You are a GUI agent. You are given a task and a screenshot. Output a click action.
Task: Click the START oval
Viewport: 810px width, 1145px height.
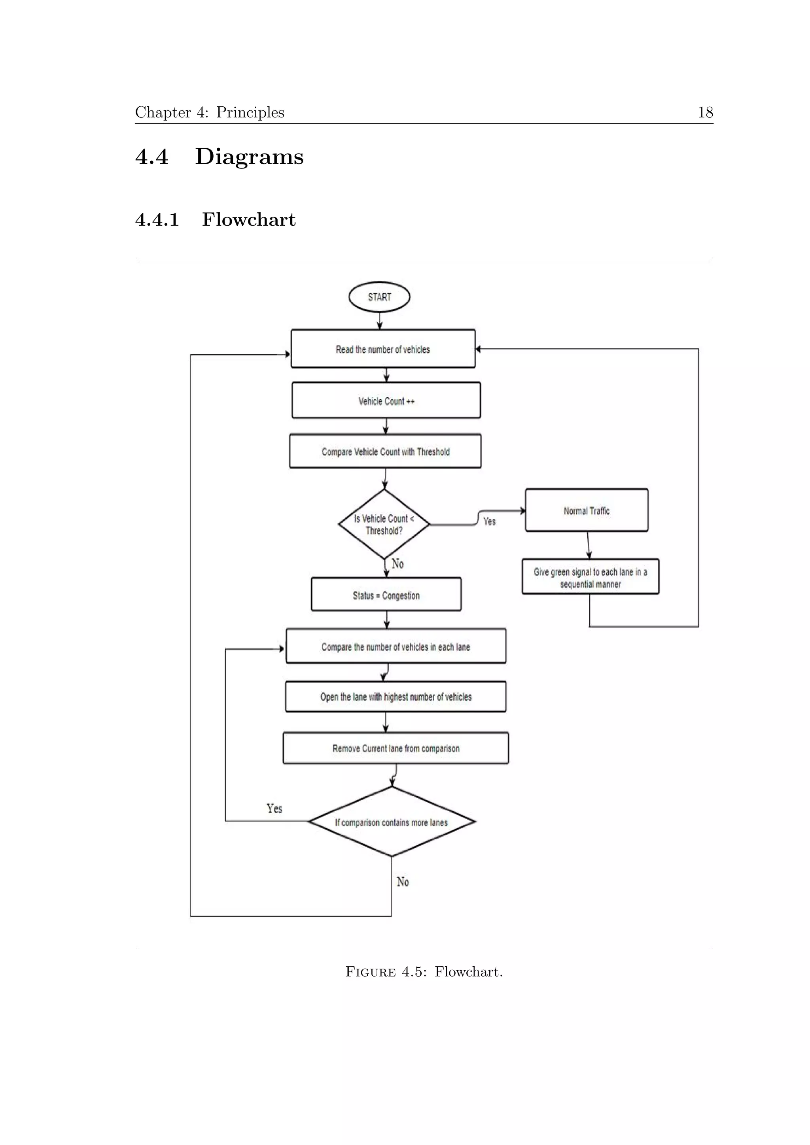click(379, 297)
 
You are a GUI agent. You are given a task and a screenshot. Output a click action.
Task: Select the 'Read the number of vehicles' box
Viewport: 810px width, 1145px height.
click(382, 349)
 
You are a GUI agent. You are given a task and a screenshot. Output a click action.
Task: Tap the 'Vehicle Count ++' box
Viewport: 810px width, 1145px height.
click(386, 401)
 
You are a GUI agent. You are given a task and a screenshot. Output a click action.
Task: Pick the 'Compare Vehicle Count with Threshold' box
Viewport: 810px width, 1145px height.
click(385, 451)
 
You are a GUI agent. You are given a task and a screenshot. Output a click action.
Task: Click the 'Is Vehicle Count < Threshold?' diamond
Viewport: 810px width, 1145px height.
click(384, 524)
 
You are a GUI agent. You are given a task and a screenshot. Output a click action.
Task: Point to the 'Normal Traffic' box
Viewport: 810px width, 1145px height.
click(587, 510)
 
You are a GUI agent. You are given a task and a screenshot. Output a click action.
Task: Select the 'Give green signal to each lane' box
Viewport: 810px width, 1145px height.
click(590, 577)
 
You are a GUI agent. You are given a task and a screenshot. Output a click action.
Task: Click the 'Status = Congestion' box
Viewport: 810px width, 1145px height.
click(386, 594)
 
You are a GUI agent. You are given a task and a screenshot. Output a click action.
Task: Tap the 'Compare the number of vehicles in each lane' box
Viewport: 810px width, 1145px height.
click(396, 646)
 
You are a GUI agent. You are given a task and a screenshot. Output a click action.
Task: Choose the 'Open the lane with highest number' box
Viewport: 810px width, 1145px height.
click(396, 696)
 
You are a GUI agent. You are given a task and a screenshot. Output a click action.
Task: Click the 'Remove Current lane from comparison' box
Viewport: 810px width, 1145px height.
click(396, 748)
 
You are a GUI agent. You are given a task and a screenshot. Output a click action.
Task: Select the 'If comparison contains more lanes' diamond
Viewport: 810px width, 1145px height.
click(392, 822)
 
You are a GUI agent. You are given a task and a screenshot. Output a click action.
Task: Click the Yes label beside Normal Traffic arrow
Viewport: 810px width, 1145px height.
click(489, 521)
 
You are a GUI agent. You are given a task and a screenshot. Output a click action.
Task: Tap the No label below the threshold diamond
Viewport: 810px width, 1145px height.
click(397, 563)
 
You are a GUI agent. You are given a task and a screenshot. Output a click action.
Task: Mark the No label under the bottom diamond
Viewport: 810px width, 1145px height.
click(403, 882)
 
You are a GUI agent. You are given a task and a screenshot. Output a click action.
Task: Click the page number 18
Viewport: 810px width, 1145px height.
click(705, 112)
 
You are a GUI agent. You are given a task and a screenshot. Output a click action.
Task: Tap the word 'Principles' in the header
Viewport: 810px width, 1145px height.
click(250, 113)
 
